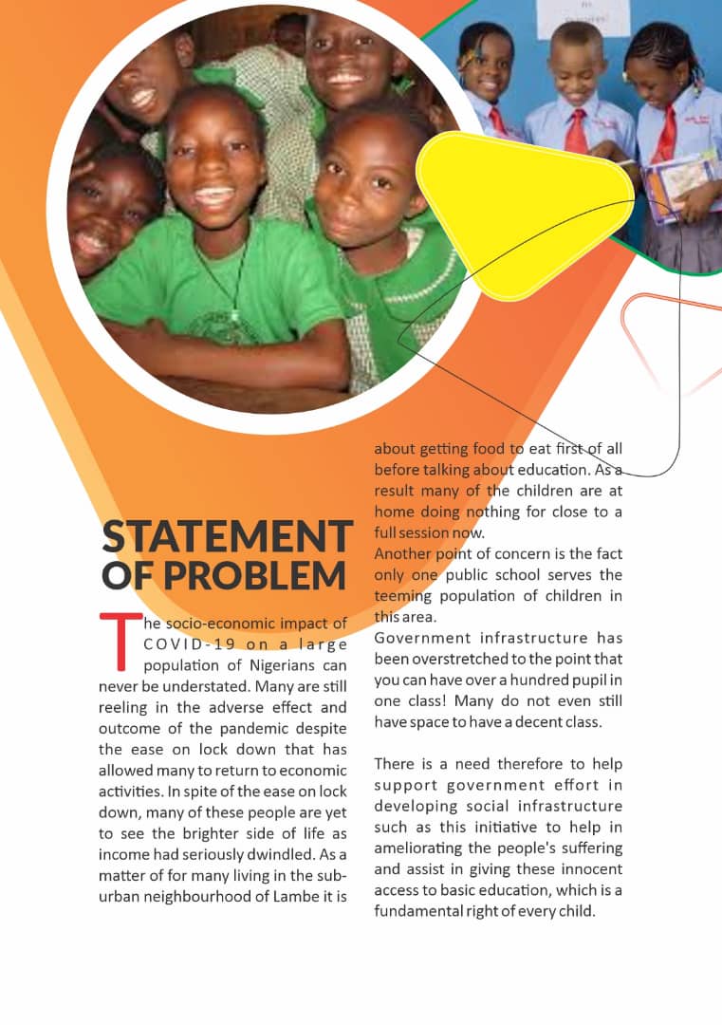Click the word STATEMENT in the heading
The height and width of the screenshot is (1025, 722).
228,537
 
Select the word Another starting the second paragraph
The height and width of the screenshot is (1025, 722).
405,554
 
